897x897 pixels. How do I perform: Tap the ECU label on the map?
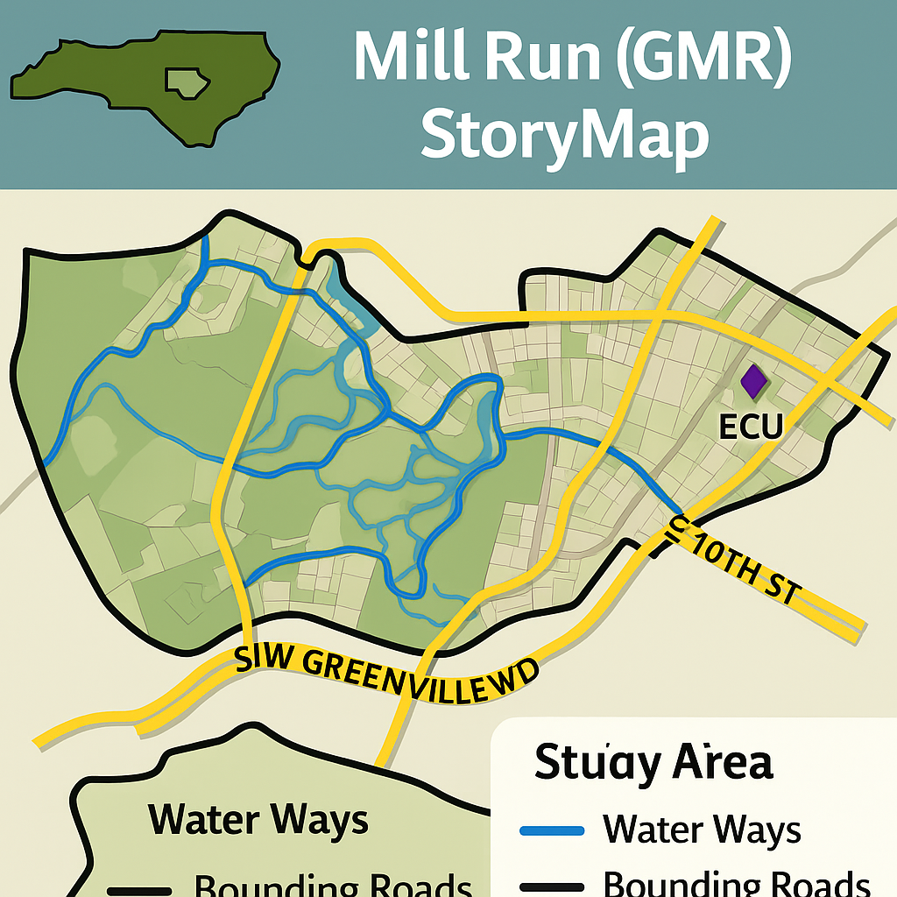pyautogui.click(x=750, y=427)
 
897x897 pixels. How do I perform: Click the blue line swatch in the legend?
pyautogui.click(x=552, y=830)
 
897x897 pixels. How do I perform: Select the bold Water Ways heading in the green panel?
pyautogui.click(x=258, y=821)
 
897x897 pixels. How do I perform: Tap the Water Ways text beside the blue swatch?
pyautogui.click(x=702, y=829)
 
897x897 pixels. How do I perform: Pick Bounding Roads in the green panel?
pyautogui.click(x=333, y=885)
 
